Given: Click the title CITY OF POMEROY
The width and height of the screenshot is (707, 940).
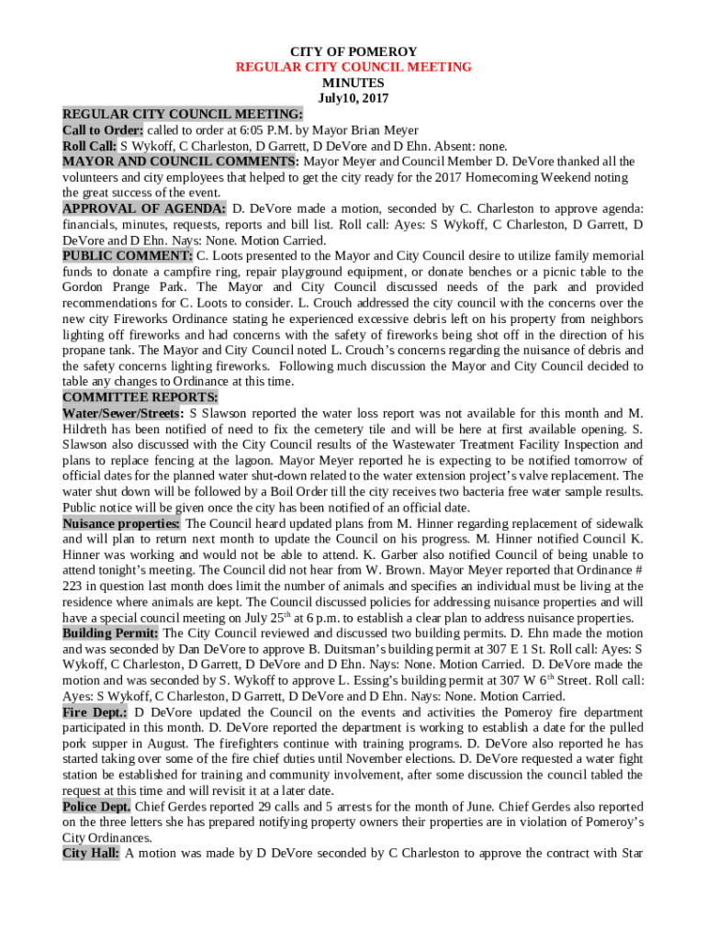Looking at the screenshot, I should click(353, 52).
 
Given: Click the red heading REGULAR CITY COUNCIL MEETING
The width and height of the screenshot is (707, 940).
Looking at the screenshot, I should click(353, 67).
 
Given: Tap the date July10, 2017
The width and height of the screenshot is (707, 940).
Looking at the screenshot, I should click(353, 97).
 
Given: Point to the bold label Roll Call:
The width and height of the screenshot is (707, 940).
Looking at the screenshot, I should click(89, 146).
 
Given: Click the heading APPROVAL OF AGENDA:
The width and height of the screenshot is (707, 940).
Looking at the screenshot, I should click(144, 208).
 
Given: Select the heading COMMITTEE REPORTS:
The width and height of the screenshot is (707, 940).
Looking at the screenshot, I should click(140, 397).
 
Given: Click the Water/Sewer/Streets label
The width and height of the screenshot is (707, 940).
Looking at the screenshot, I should click(122, 413).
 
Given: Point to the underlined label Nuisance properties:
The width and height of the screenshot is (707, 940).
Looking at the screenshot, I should click(121, 523).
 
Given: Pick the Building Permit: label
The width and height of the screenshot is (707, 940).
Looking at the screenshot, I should click(110, 633).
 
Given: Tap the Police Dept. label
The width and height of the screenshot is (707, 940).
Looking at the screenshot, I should click(96, 806).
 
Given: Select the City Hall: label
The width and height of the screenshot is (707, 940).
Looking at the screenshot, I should click(91, 853).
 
